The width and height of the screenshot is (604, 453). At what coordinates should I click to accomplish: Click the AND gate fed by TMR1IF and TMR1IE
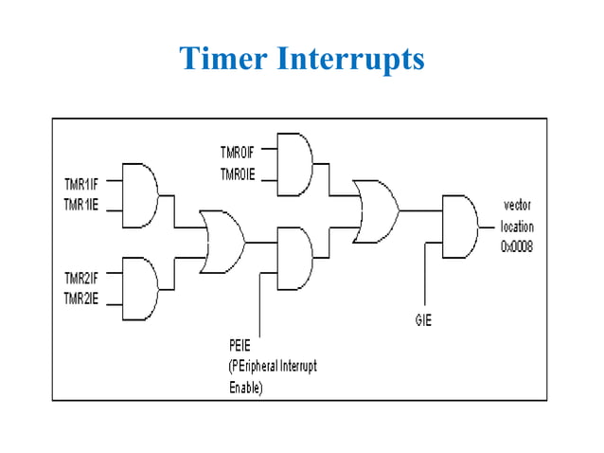point(139,196)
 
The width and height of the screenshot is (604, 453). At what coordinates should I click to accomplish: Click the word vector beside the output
point(518,208)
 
